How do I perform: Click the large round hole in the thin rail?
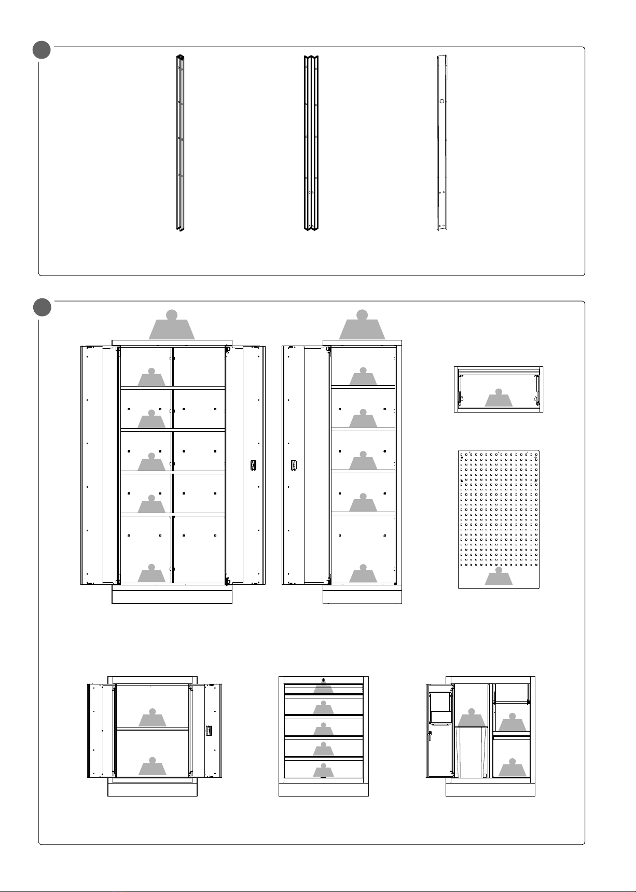441,102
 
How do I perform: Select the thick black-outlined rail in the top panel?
311,143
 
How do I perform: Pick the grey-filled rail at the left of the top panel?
180,143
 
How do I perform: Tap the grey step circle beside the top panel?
42,51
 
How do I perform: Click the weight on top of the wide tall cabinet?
172,325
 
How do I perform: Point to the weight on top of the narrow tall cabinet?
362,325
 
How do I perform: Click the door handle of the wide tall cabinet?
253,465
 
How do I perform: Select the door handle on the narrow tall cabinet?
294,465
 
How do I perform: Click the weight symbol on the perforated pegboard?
499,577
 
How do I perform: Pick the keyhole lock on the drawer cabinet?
323,680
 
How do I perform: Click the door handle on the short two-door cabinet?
210,730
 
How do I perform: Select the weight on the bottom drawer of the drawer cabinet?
324,770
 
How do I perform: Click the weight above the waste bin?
472,718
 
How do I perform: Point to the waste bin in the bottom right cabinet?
471,752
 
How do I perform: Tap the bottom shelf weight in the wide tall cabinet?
151,574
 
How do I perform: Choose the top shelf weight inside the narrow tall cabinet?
363,377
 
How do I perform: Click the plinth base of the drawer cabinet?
324,789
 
